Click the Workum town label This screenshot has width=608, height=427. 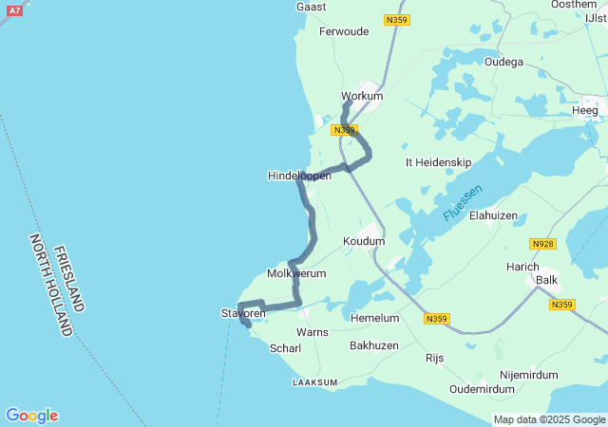coord(362,96)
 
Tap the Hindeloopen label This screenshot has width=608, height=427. coord(299,176)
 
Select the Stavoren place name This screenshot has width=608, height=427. coord(243,313)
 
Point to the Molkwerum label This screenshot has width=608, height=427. coord(296,273)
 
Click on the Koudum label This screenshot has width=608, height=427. coord(364,241)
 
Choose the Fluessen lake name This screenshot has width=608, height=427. coord(463,203)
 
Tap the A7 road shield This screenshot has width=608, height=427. coord(13,9)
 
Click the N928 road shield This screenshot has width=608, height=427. coord(542,244)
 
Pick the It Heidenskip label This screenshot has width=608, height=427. coord(438,162)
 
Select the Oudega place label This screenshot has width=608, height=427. coord(503,62)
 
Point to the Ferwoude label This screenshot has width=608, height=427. coord(344,31)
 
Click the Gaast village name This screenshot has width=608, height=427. coord(312,7)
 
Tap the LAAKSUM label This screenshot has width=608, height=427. coord(314,382)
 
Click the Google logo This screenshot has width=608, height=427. coord(31,416)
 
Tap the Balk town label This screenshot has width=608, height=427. coord(547,280)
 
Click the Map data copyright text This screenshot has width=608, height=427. coord(549,419)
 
